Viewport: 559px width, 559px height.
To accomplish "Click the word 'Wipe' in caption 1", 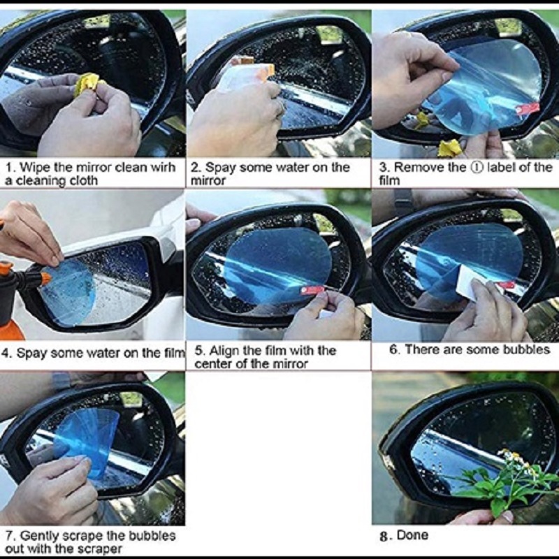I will click(34, 168).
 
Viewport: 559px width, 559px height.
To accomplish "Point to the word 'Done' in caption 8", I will click(412, 536).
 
